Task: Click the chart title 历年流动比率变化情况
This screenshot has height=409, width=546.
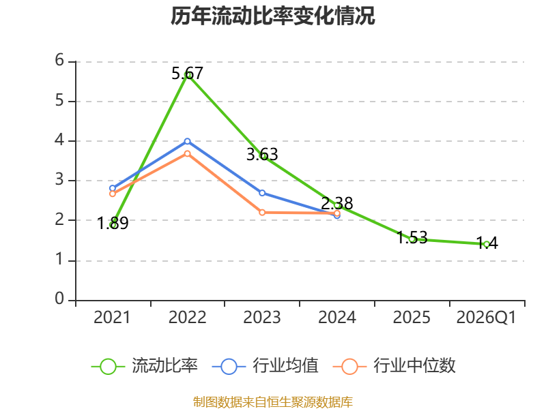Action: pyautogui.click(x=272, y=16)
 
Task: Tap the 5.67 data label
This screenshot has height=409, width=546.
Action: pyautogui.click(x=187, y=74)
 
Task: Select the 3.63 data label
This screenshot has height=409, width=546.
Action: pyautogui.click(x=262, y=155)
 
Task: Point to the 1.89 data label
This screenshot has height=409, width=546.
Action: pyautogui.click(x=113, y=223)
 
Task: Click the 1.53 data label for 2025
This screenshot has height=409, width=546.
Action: pyautogui.click(x=412, y=237)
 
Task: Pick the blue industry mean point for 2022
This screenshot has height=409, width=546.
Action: pyautogui.click(x=187, y=141)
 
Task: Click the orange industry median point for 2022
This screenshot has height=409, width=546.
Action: pyautogui.click(x=187, y=153)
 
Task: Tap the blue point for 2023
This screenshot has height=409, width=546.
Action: pyautogui.click(x=262, y=193)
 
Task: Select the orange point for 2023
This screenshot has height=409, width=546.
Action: pyautogui.click(x=262, y=213)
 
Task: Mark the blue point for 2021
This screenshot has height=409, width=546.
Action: pyautogui.click(x=113, y=189)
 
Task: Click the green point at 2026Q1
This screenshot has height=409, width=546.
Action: pyautogui.click(x=487, y=245)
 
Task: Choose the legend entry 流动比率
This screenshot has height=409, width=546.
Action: pyautogui.click(x=145, y=366)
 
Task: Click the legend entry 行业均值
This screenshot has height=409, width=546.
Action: pyautogui.click(x=265, y=366)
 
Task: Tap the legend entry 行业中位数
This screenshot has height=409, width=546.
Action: pyautogui.click(x=394, y=366)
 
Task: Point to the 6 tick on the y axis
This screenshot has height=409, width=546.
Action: pyautogui.click(x=59, y=61)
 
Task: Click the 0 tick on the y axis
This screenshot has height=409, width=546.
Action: pyautogui.click(x=59, y=299)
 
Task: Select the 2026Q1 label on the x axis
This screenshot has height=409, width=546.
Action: pyautogui.click(x=487, y=318)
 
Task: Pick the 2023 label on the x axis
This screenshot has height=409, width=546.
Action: pyautogui.click(x=262, y=318)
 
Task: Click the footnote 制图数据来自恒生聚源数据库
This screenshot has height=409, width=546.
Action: pyautogui.click(x=273, y=402)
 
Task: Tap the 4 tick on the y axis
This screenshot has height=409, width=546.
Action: pyautogui.click(x=59, y=140)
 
